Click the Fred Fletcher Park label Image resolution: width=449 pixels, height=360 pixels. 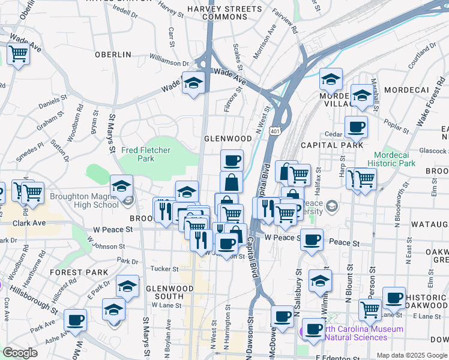coord(146,154)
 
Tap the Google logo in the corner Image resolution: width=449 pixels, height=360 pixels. coord(20,353)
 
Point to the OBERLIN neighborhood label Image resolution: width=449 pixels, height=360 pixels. coord(113,55)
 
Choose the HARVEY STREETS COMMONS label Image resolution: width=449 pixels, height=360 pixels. coord(224,13)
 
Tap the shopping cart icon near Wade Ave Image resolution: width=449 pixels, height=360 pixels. coord(18,54)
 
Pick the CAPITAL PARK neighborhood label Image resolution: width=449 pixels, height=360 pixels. coord(332,145)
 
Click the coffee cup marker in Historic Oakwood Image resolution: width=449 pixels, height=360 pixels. coord(393,298)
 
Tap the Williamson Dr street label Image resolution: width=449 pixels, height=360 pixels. coord(169,60)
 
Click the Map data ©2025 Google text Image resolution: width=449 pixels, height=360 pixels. coord(411,355)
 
